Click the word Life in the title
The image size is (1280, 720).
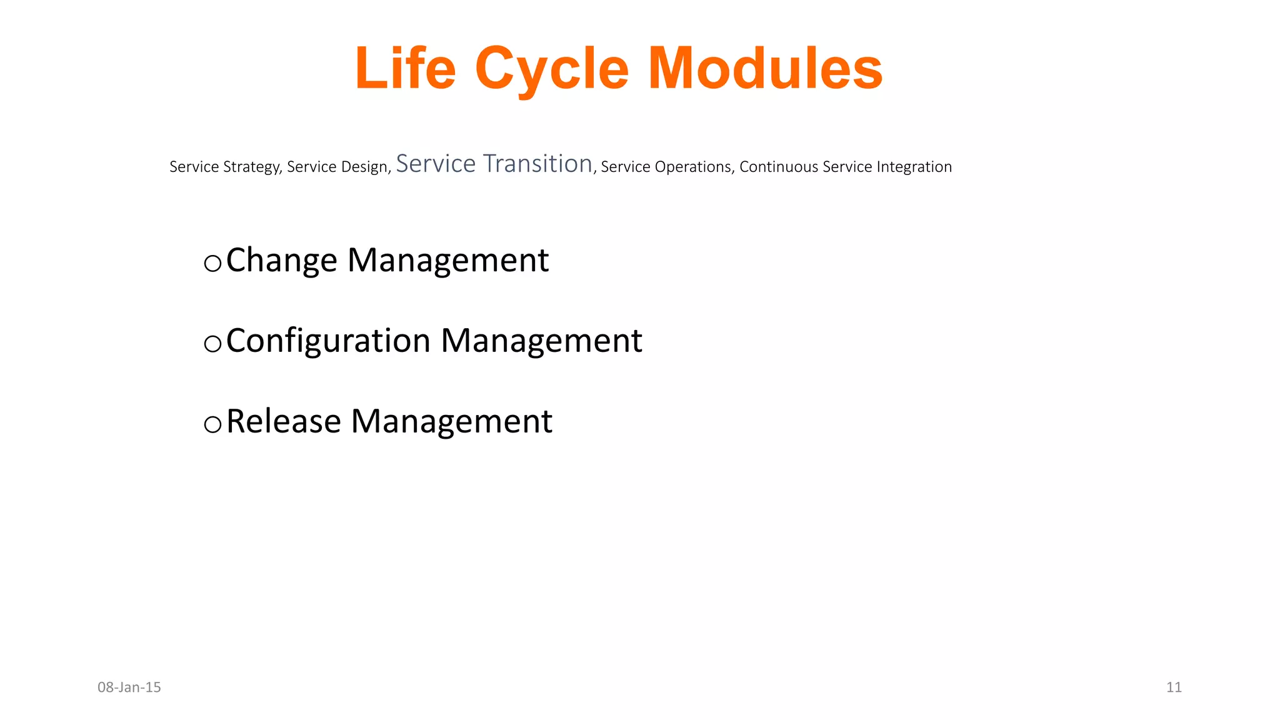pos(405,69)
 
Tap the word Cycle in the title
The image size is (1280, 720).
pos(551,70)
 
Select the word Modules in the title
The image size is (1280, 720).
pos(765,69)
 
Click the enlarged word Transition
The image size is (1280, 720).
pos(538,164)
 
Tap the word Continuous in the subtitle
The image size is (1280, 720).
pos(779,167)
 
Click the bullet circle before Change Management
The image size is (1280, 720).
pos(212,264)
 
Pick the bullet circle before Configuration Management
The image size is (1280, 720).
pos(212,344)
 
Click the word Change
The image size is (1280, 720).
pos(281,261)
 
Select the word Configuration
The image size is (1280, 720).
pos(328,342)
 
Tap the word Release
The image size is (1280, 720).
pos(283,421)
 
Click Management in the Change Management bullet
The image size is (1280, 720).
pos(447,261)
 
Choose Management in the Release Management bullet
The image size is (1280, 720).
pos(451,421)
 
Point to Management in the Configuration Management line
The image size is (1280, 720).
pos(541,342)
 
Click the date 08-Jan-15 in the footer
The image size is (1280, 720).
pos(129,687)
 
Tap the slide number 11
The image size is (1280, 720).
pos(1174,687)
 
